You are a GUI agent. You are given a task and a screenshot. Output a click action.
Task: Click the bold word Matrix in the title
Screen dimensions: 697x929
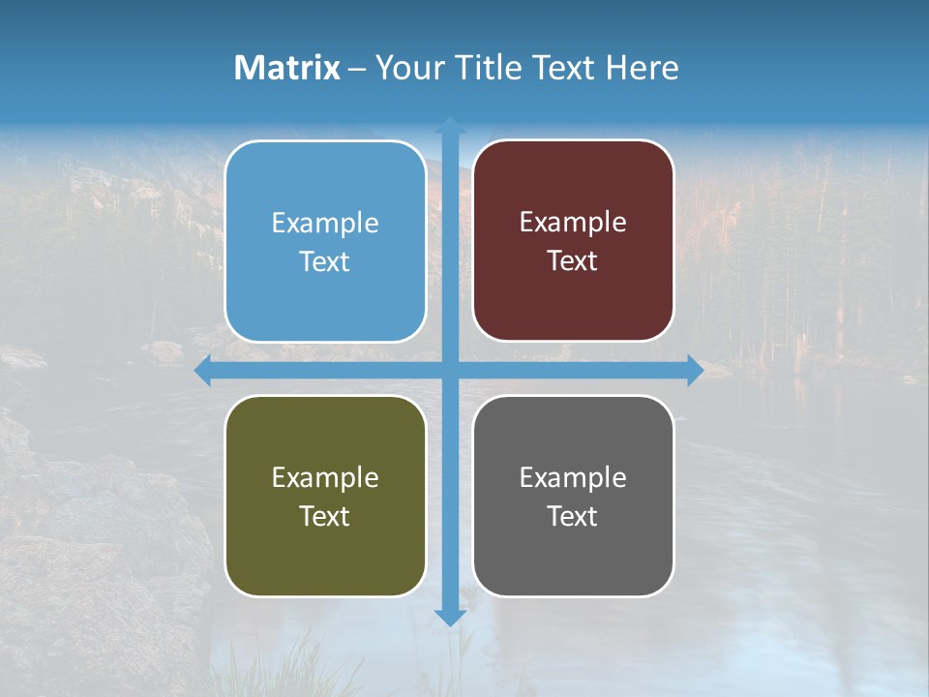point(287,68)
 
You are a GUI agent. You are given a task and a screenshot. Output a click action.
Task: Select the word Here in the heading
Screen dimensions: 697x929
point(642,68)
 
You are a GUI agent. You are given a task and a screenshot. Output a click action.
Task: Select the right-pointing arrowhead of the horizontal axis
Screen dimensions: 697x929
point(695,371)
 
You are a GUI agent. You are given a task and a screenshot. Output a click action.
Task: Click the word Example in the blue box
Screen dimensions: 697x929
point(325,224)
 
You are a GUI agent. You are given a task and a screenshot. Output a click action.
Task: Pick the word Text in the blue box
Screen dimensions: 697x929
point(325,262)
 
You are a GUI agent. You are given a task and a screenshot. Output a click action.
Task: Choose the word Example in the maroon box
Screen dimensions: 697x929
point(573,223)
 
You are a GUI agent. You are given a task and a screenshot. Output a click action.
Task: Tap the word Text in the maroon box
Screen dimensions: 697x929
point(573,261)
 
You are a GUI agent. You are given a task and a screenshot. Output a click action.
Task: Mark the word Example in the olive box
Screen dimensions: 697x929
point(325,478)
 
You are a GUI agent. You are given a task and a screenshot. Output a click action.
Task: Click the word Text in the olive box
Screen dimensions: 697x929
point(325,517)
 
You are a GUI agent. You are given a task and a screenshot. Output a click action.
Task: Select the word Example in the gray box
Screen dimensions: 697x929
point(573,478)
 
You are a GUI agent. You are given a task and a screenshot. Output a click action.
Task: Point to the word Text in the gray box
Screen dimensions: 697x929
point(573,517)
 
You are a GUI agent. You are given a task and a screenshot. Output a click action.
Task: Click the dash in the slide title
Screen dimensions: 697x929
point(357,69)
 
